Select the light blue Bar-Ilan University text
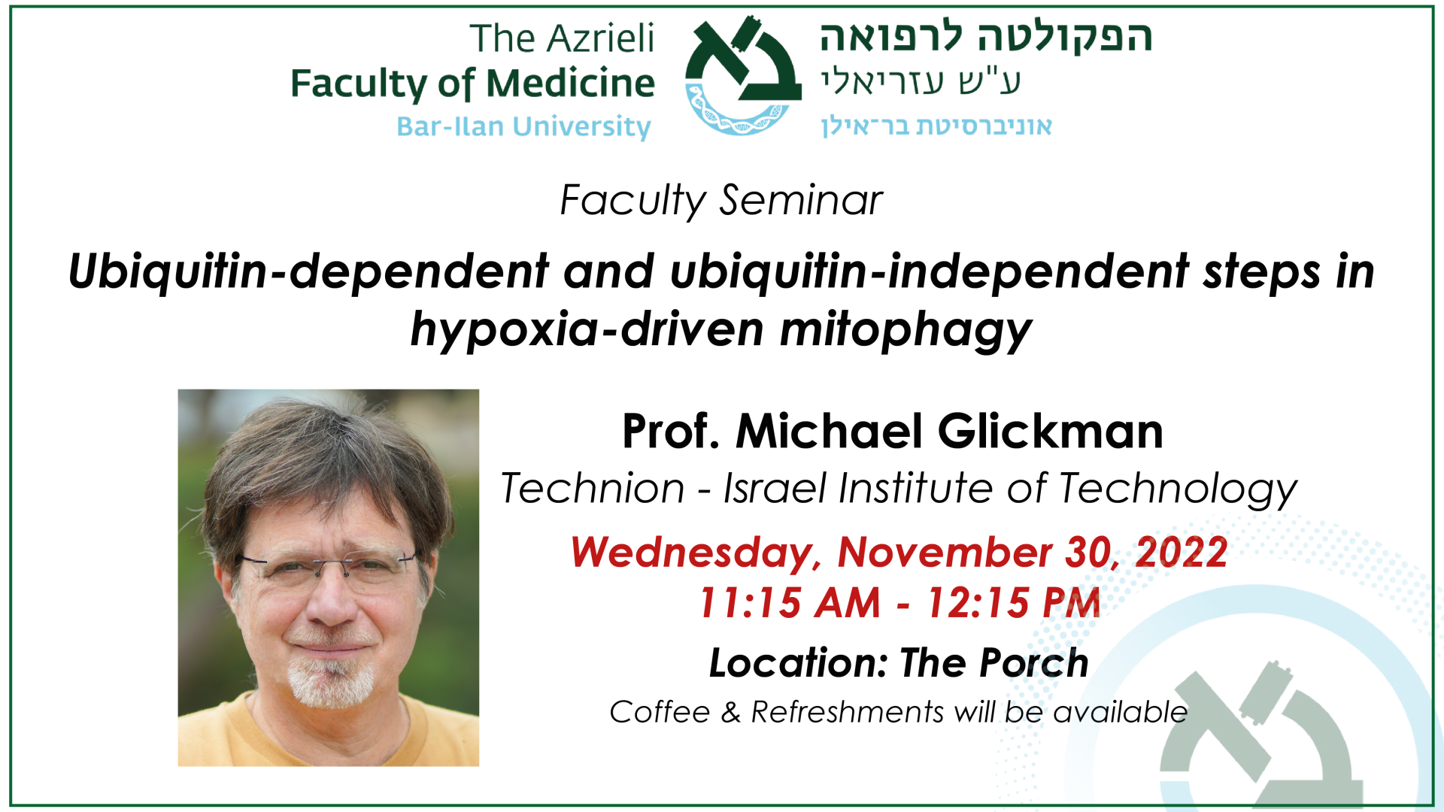(x=523, y=126)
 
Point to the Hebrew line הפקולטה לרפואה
(x=986, y=38)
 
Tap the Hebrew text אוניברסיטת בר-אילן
(x=936, y=126)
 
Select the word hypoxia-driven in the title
(x=587, y=330)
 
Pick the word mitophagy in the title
(x=906, y=330)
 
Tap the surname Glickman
(x=1051, y=432)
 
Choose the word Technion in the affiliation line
(x=593, y=489)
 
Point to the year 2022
(x=1182, y=553)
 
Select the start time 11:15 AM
(x=789, y=603)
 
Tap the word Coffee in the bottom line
(x=660, y=712)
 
